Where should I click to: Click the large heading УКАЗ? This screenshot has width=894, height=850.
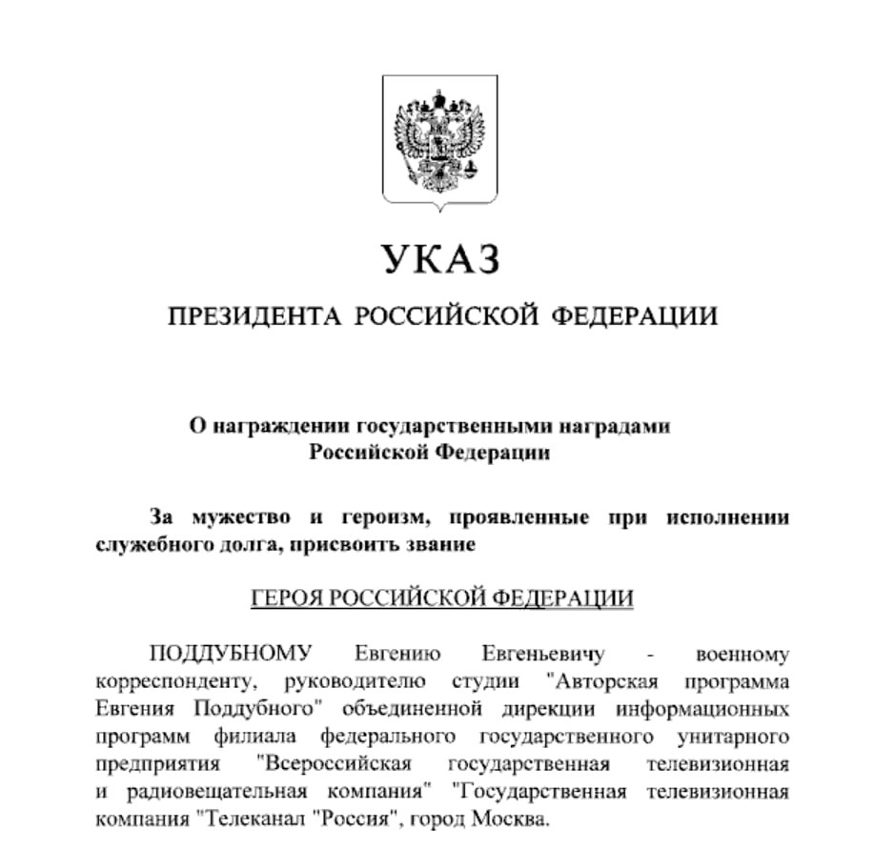pyautogui.click(x=441, y=259)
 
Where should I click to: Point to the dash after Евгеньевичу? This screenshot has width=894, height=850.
pyautogui.click(x=650, y=656)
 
